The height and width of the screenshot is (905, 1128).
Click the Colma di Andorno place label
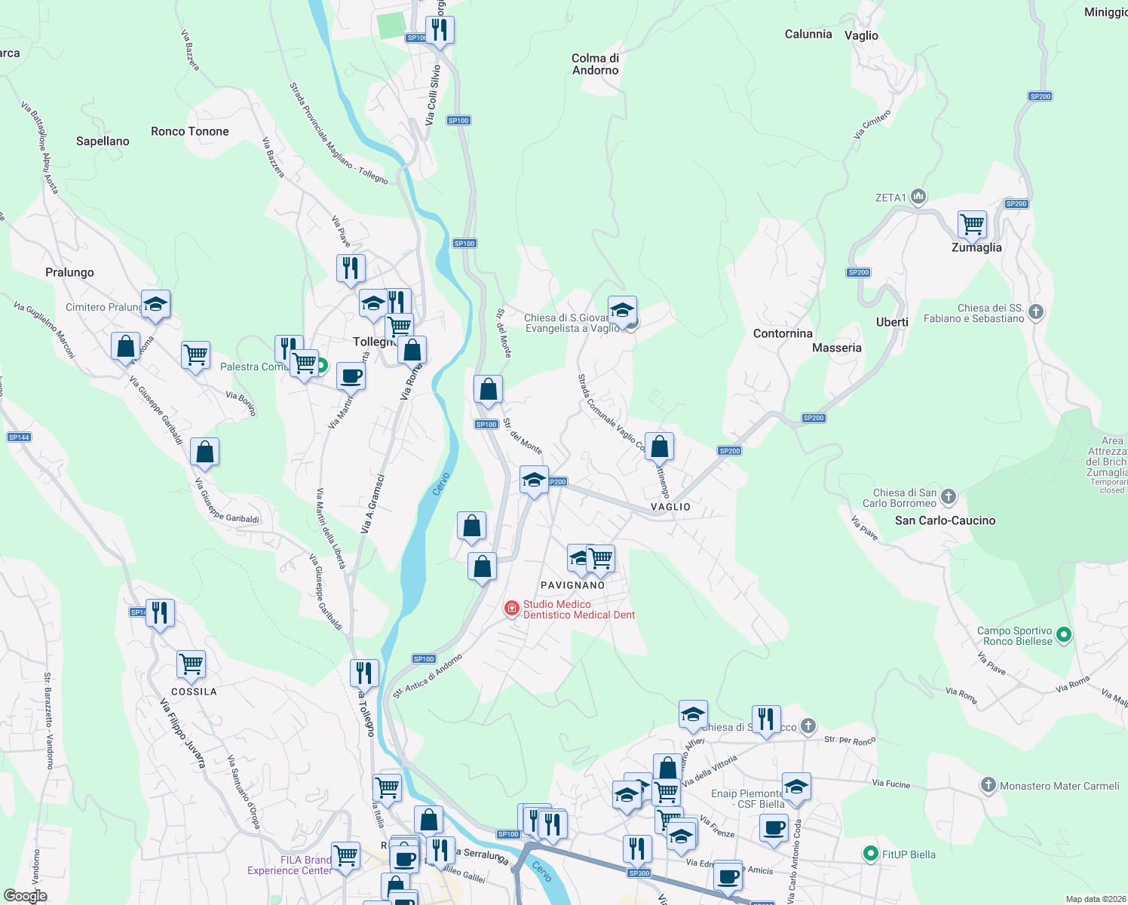click(x=595, y=64)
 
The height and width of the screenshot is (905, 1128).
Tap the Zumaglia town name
click(x=976, y=247)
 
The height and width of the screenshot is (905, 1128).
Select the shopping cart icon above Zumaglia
click(x=973, y=224)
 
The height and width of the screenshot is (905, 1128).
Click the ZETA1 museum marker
click(x=918, y=197)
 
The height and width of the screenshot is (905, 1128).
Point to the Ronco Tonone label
click(x=189, y=131)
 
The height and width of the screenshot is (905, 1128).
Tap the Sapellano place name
click(x=103, y=141)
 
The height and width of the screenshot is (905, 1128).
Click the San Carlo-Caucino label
click(x=945, y=520)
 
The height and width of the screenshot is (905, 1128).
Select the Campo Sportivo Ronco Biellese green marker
click(x=1064, y=635)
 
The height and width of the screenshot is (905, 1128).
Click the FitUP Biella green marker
click(x=871, y=854)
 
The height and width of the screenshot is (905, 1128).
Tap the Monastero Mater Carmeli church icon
click(x=988, y=785)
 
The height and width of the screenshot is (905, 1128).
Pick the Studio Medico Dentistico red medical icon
click(x=512, y=608)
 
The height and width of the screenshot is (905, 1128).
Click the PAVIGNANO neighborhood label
click(x=572, y=585)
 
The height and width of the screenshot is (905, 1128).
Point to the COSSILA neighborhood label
click(x=194, y=692)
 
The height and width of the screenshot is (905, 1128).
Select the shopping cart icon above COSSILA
click(x=192, y=664)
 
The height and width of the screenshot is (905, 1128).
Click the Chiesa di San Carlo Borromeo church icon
click(x=949, y=496)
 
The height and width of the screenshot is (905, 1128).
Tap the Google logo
click(x=25, y=896)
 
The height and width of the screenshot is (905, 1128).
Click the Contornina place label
click(x=783, y=333)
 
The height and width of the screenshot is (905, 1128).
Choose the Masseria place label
click(x=836, y=348)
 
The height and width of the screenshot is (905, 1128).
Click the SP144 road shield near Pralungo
click(x=19, y=437)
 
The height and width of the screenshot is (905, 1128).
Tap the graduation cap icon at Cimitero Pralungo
click(x=155, y=305)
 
